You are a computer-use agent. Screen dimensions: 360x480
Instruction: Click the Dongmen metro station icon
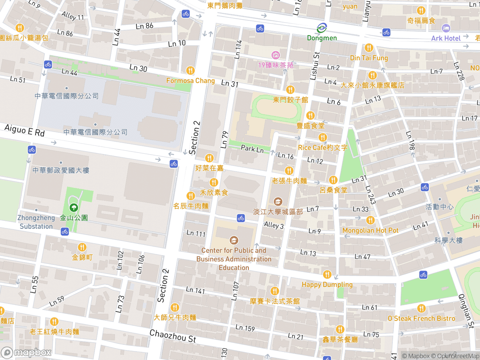tap(322, 28)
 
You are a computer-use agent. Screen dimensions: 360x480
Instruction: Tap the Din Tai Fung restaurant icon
tap(368, 48)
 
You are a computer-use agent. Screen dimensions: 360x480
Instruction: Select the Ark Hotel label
tap(446, 38)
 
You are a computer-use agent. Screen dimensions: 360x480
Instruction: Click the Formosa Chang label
tap(190, 80)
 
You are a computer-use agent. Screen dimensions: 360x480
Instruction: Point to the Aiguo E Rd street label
tap(25, 130)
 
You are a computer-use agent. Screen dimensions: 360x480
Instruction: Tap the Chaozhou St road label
tap(172, 336)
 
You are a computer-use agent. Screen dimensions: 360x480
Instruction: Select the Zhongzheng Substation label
tap(36, 222)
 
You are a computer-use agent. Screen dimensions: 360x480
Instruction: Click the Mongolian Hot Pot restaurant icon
tap(370, 220)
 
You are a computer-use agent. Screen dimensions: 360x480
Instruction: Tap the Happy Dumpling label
tap(327, 284)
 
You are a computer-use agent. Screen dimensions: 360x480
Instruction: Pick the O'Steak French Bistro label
tap(421, 318)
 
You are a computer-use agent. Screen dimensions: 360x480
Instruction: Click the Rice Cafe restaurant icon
tap(323, 137)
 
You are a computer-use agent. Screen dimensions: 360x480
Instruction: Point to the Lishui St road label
tap(315, 66)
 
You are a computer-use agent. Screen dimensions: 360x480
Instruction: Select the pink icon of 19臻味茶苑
tap(276, 55)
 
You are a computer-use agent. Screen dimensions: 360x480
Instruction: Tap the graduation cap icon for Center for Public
tap(234, 240)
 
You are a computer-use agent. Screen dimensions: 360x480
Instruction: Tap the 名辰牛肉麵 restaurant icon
tap(190, 196)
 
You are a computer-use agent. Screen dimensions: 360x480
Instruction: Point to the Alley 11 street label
tap(72, 17)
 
